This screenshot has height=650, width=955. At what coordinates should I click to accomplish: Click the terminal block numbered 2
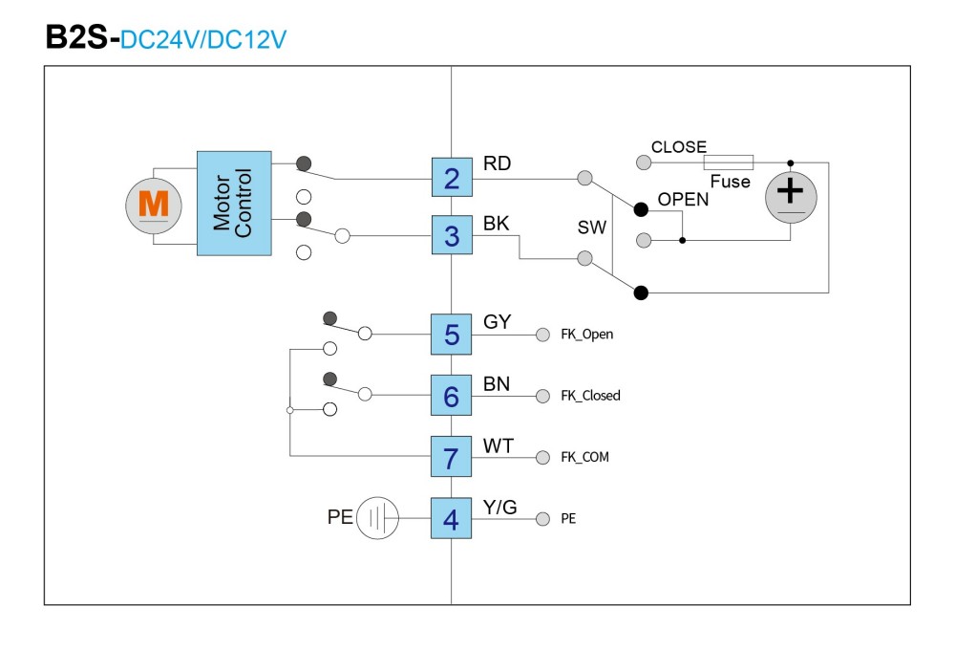pos(452,178)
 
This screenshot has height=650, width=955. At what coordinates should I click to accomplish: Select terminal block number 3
pos(452,235)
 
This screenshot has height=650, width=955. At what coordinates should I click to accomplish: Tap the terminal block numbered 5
pos(452,335)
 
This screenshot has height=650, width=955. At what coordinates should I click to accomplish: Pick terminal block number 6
pos(452,395)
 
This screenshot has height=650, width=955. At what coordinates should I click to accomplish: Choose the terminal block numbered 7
pos(452,456)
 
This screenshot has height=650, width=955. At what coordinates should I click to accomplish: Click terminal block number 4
pos(452,518)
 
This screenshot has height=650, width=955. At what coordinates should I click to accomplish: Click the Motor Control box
pos(234,203)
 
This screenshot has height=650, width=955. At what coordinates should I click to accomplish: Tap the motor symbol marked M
pos(154,206)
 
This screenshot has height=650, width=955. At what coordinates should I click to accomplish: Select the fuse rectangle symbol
pos(729,162)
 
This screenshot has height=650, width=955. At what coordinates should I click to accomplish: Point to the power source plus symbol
pos(791,197)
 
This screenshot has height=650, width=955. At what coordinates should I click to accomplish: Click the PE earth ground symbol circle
pos(377,518)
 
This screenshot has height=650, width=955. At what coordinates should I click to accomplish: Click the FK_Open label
pos(587,335)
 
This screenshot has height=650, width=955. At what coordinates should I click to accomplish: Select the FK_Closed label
pos(591,395)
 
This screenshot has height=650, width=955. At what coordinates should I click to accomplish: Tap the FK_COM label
pos(584,457)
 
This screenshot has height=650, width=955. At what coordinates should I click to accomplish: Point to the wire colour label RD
pos(497,163)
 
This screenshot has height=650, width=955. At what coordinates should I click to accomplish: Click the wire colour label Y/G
pos(500,508)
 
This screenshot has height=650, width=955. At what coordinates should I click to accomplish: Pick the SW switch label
pos(592,227)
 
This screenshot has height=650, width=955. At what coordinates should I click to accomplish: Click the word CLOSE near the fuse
pos(679,147)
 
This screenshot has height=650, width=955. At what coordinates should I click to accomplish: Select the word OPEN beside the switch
pos(684,200)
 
